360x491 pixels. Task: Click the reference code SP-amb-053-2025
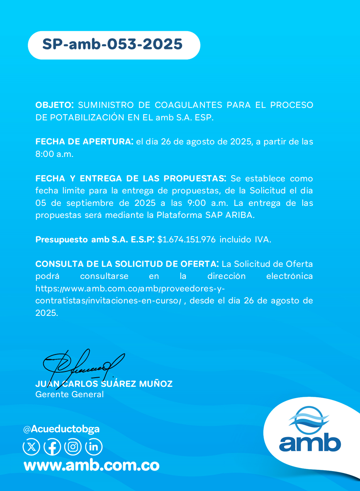click(112, 44)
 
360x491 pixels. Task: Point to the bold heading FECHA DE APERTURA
click(84, 142)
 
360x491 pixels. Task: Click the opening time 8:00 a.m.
click(54, 154)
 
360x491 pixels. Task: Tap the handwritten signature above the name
click(83, 363)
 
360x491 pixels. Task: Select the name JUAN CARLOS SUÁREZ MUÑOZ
click(104, 384)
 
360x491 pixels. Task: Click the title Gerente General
click(70, 394)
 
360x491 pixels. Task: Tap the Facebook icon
click(52, 447)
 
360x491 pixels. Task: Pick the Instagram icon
click(73, 447)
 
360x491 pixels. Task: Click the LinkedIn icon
click(94, 447)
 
